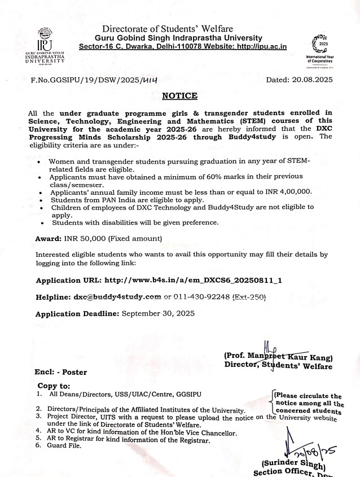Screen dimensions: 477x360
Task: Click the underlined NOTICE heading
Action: click(x=179, y=96)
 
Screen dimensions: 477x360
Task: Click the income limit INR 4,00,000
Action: click(x=287, y=192)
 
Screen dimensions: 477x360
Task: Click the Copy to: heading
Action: click(x=54, y=386)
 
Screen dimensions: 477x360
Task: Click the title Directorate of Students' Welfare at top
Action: click(x=168, y=29)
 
